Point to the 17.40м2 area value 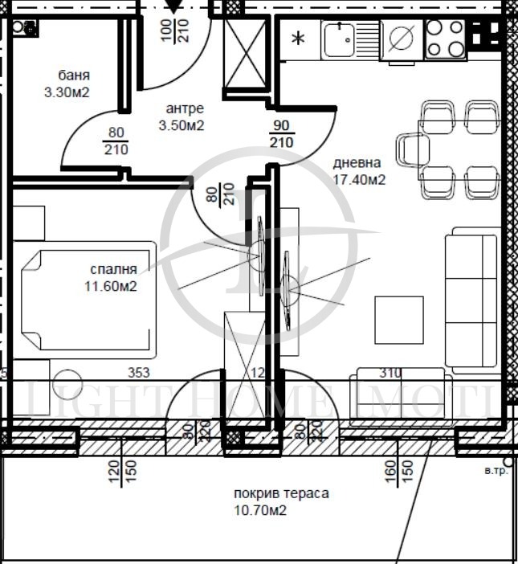coord(359,180)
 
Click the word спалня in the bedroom coord(113,269)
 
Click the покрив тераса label coord(281,493)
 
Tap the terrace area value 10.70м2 coord(260,509)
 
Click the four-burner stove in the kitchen coord(445,38)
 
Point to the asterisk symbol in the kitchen coord(298,39)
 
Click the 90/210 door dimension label coord(282,135)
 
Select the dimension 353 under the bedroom coord(141,373)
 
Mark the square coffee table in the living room coord(398,319)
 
